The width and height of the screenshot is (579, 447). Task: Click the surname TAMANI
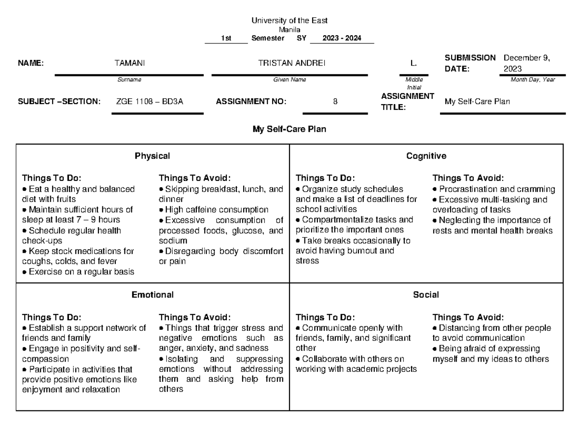pos(129,63)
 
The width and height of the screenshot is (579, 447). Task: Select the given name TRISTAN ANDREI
pos(291,63)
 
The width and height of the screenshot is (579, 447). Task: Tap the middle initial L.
pos(414,63)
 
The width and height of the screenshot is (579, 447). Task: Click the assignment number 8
pos(335,101)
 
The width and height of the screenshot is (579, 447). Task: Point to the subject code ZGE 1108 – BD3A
pos(150,101)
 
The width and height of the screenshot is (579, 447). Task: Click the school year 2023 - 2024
pos(342,38)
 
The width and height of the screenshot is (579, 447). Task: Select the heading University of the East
pos(289,21)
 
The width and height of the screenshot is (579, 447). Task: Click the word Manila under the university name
pos(289,29)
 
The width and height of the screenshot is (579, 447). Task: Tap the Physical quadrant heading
pos(152,156)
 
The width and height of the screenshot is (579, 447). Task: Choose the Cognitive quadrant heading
pos(426,156)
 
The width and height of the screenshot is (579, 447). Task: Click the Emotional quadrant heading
pos(152,295)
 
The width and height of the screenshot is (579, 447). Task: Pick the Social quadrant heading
pos(426,295)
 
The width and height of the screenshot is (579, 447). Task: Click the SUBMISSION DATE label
pos(470,63)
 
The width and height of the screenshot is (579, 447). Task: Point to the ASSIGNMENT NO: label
pos(251,101)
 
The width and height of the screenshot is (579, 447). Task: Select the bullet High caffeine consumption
pos(214,210)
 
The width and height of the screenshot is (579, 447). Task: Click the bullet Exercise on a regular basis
pos(78,272)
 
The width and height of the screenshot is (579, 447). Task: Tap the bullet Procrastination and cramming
pos(494,190)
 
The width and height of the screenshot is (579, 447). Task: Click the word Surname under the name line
pos(129,80)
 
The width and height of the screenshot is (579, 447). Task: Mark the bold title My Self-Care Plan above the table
pos(289,129)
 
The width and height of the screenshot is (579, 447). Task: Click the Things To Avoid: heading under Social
pos(468,317)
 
